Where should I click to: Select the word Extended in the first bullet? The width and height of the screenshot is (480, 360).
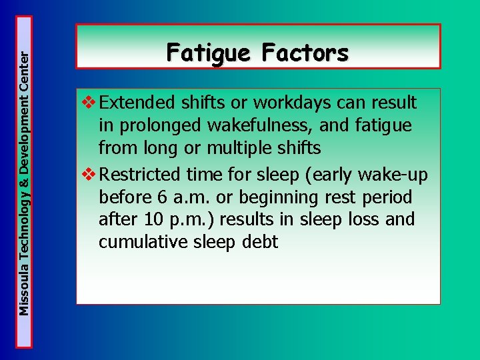pyautogui.click(x=137, y=103)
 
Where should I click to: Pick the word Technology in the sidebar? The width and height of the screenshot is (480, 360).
pyautogui.click(x=25, y=233)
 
